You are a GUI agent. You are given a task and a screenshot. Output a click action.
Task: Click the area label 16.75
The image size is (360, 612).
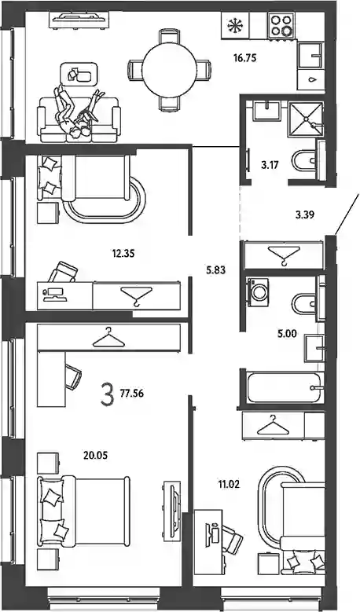pyautogui.click(x=244, y=59)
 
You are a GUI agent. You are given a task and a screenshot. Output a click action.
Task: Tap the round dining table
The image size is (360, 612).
pyautogui.click(x=169, y=70)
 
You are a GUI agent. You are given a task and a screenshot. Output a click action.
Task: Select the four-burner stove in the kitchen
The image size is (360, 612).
pyautogui.click(x=281, y=25)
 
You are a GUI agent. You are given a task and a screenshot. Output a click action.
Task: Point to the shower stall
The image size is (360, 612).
pyautogui.click(x=306, y=119)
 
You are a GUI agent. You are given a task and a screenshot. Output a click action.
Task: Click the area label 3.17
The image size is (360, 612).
pyautogui.click(x=270, y=165)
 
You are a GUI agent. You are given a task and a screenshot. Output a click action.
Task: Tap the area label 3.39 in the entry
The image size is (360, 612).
pyautogui.click(x=303, y=214)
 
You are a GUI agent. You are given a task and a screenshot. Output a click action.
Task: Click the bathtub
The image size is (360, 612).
pyautogui.click(x=284, y=387)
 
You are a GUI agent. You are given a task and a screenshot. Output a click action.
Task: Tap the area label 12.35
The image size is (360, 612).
pyautogui.click(x=123, y=254)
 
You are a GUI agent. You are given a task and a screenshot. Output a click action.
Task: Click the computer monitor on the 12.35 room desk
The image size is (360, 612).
pyautogui.click(x=55, y=291)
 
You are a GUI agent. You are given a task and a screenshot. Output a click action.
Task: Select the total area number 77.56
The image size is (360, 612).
pyautogui.click(x=132, y=394)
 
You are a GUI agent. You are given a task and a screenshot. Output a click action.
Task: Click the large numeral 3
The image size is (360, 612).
pyautogui.click(x=107, y=394)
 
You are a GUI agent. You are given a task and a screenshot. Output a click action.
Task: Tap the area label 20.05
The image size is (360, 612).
pyautogui.click(x=96, y=455)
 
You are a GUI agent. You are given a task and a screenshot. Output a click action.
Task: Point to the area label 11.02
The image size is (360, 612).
pyautogui.click(x=229, y=486)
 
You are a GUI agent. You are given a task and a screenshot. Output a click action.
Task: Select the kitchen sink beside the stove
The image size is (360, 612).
pyautogui.click(x=310, y=56)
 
